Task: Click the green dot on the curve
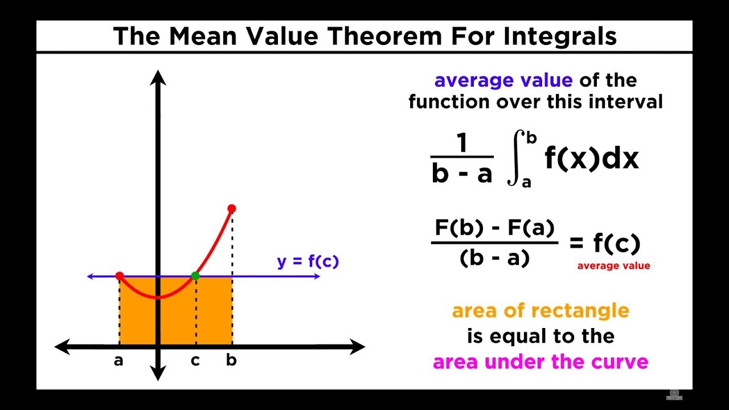click(x=195, y=276)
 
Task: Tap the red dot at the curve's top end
click(x=231, y=208)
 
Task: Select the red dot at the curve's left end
click(x=120, y=276)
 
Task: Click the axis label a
click(x=118, y=361)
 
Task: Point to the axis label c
click(x=195, y=361)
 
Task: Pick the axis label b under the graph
click(x=231, y=360)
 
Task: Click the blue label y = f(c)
click(x=308, y=261)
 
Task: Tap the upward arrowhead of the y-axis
click(x=159, y=76)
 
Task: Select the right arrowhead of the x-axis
click(x=358, y=346)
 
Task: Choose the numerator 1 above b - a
click(x=462, y=144)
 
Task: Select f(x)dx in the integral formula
click(x=592, y=159)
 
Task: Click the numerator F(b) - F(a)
click(x=494, y=228)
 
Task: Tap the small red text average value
click(x=613, y=266)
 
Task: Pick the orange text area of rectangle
click(x=540, y=311)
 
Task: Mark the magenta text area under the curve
click(x=540, y=362)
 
